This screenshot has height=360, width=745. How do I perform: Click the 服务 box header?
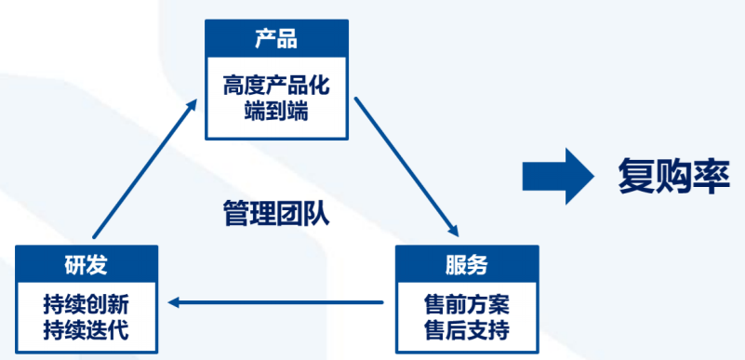tap(467, 264)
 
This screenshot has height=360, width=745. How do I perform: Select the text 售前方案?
tap(467, 304)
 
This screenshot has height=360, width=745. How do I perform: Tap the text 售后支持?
tap(467, 329)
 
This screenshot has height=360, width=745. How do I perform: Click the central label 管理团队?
tap(276, 213)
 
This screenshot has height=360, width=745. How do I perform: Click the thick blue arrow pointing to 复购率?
tap(557, 174)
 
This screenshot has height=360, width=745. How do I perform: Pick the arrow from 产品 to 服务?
tap(406, 163)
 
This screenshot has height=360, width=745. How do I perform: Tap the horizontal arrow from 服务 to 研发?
tap(276, 301)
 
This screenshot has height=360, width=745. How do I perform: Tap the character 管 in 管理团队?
tap(235, 213)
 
